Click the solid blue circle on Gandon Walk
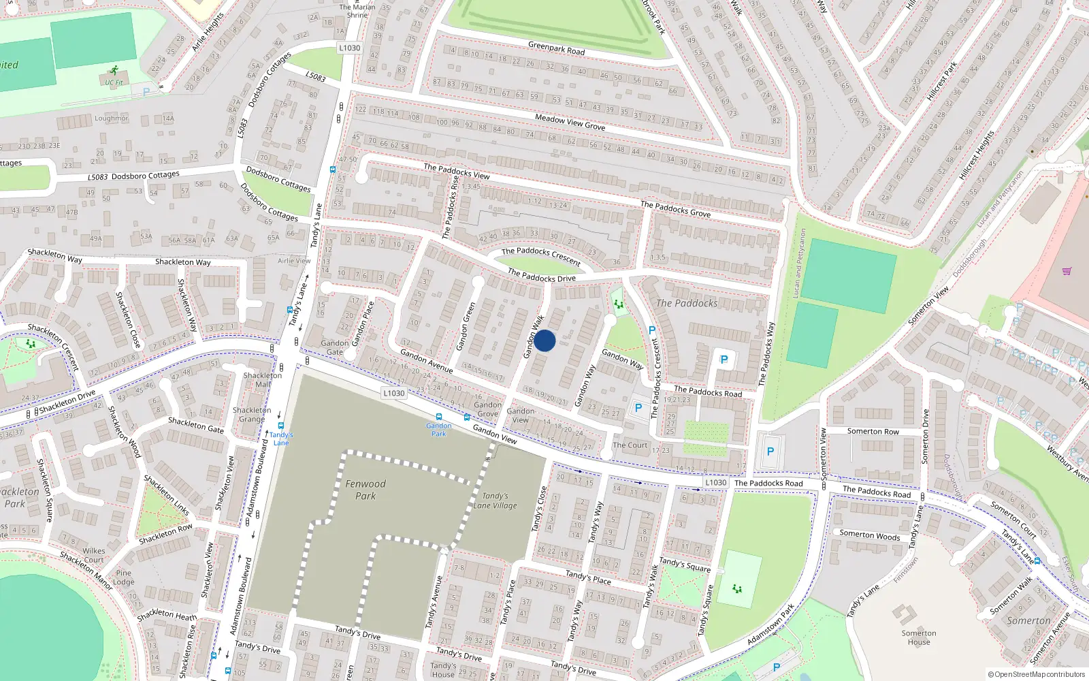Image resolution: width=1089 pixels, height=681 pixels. tap(544, 340)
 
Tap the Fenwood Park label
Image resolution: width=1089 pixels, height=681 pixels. tap(365, 490)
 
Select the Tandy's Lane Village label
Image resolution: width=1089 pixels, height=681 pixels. tap(495, 501)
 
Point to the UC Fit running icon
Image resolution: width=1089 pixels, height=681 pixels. tap(114, 70)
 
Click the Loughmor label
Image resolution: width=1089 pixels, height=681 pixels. tap(111, 118)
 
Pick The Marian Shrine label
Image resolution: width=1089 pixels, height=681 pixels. tap(357, 11)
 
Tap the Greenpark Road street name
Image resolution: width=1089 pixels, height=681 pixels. tap(556, 48)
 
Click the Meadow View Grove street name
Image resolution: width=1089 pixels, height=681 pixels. tap(570, 122)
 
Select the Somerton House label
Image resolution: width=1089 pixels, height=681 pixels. tap(919, 637)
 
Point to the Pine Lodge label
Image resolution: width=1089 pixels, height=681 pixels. tap(124, 577)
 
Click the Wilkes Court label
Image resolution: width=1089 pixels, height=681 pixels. tap(94, 556)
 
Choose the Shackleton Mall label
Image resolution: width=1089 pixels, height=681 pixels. tap(263, 380)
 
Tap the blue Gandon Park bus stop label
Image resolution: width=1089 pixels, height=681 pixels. tap(439, 429)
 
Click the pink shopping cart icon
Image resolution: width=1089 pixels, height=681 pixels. tap(1067, 271)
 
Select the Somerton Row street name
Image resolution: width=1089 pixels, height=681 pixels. tap(873, 431)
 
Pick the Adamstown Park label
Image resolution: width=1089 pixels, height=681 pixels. tap(770, 625)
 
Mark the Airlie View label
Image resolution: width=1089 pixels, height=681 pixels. tap(294, 261)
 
